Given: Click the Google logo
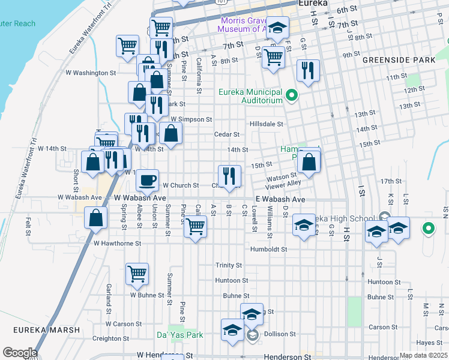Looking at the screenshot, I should pos(19,353).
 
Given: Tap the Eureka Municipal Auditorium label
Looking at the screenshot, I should pos(250,97).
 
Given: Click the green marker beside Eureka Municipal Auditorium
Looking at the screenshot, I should pos(292,95).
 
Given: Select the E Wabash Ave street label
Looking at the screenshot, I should pos(280,199).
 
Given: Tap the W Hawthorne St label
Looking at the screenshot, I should pos(117,244).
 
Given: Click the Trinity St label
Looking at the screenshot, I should pos(229,265).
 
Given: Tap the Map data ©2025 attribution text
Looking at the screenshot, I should pos(423,355).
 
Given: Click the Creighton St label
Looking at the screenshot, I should pos(107,339).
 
